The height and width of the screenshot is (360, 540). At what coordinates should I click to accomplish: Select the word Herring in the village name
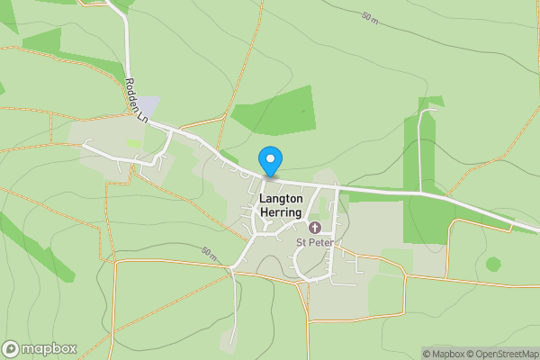click(x=282, y=211)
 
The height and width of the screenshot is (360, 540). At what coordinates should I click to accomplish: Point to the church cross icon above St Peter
click(x=315, y=227)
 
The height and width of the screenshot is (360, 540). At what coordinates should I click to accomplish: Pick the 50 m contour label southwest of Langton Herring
click(x=210, y=255)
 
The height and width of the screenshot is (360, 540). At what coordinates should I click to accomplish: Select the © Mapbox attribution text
click(x=444, y=354)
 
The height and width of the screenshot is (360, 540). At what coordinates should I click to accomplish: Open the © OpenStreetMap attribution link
click(x=502, y=354)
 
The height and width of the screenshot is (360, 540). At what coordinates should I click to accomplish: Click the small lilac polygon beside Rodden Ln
click(x=148, y=105)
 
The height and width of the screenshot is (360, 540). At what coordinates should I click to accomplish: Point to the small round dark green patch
click(x=492, y=264)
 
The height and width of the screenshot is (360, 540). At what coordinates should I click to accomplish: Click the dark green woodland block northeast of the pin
click(x=274, y=114)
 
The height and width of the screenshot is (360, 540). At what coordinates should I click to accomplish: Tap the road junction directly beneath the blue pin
click(x=266, y=177)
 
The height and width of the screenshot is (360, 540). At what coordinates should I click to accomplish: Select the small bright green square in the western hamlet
click(x=134, y=143)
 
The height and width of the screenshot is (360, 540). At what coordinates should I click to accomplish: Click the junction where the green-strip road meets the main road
click(x=420, y=192)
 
